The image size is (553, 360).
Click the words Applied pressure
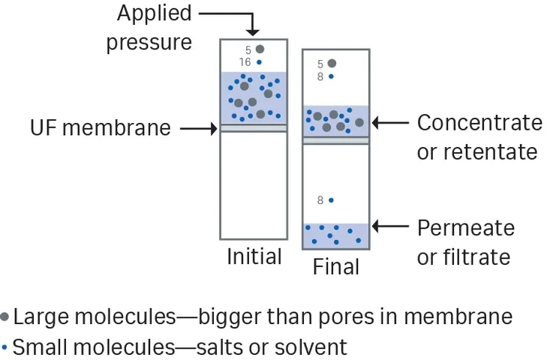pyautogui.click(x=149, y=28)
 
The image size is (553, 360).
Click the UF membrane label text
pyautogui.click(x=101, y=127)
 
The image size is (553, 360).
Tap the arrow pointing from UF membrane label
pyautogui.click(x=199, y=129)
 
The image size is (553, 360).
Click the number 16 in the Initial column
pyautogui.click(x=245, y=62)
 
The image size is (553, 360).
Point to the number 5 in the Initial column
pyautogui.click(x=248, y=50)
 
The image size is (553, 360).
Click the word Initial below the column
pyautogui.click(x=254, y=256)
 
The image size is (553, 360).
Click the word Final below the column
pyautogui.click(x=335, y=267)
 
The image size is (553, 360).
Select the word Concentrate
pyautogui.click(x=479, y=123)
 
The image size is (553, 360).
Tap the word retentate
pyautogui.click(x=490, y=152)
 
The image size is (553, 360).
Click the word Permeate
pyautogui.click(x=466, y=228)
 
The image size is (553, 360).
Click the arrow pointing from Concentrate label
pyautogui.click(x=390, y=123)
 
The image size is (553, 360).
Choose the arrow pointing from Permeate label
pyautogui.click(x=390, y=226)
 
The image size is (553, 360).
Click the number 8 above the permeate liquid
pyautogui.click(x=320, y=200)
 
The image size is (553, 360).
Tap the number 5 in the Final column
pyautogui.click(x=320, y=64)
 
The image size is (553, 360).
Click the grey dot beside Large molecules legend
pyautogui.click(x=5, y=316)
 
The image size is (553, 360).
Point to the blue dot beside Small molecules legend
pyautogui.click(x=5, y=348)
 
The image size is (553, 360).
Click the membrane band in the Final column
pyautogui.click(x=336, y=141)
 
